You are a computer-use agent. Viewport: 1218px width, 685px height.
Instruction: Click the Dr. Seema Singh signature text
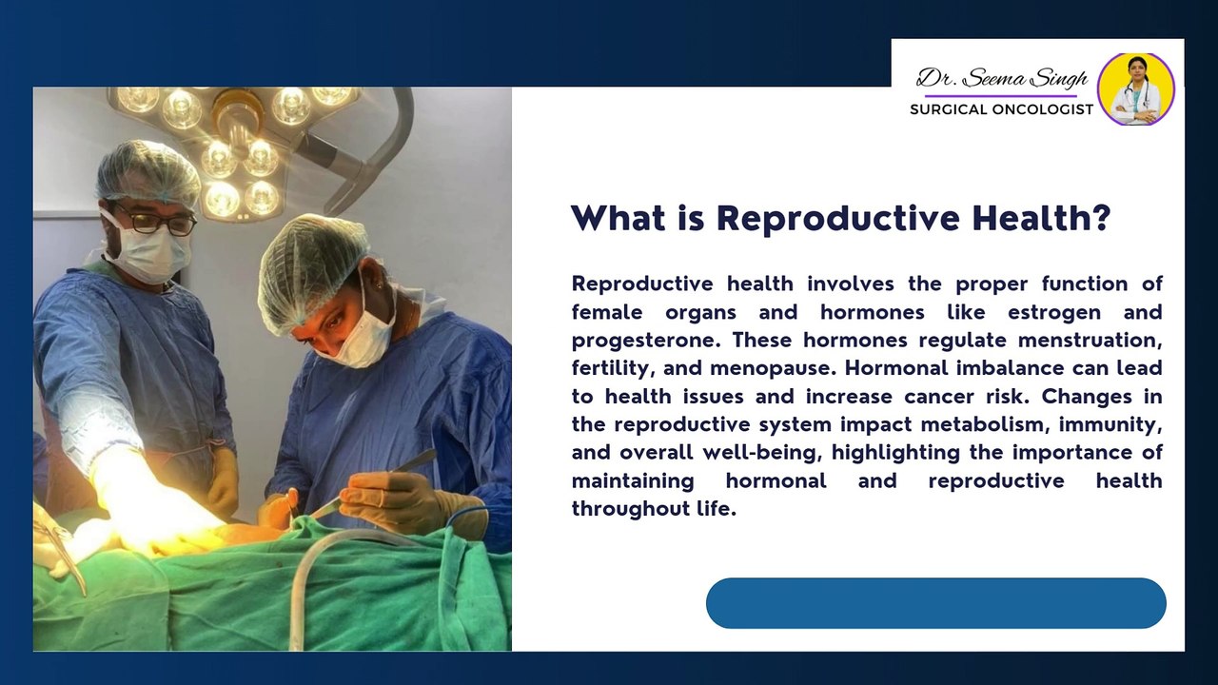pos(1002,79)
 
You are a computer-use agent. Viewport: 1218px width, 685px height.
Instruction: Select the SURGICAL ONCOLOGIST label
pos(1002,109)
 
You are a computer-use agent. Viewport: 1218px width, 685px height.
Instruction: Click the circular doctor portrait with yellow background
pos(1136,89)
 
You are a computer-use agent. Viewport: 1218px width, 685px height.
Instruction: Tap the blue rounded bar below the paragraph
pos(935,603)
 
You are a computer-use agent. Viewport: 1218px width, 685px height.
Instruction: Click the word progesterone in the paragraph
pos(646,341)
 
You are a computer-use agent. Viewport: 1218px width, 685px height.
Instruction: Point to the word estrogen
pos(1054,313)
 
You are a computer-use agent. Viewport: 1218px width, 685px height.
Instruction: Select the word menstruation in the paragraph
pos(1090,341)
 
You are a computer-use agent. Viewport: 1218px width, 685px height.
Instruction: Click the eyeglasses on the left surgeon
pos(154,220)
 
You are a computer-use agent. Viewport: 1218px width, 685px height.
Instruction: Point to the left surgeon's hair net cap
pos(147,172)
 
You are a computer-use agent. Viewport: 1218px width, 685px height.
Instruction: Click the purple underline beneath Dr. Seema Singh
pos(1001,96)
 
